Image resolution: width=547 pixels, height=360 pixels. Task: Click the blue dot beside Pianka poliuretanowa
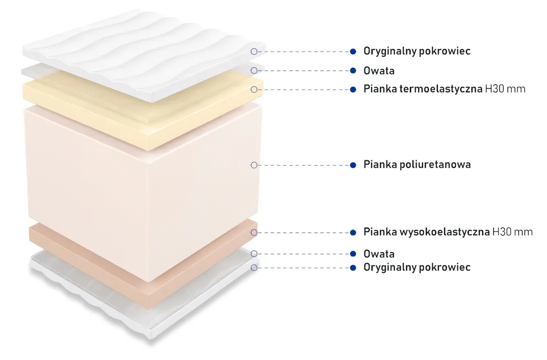pyautogui.click(x=353, y=165)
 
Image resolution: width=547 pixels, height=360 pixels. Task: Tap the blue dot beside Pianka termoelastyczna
pyautogui.click(x=353, y=90)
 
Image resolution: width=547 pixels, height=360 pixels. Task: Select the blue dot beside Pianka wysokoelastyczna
pyautogui.click(x=353, y=233)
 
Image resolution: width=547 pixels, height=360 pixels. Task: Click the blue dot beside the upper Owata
pyautogui.click(x=353, y=71)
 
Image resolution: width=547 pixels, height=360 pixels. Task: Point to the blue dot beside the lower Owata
pyautogui.click(x=353, y=254)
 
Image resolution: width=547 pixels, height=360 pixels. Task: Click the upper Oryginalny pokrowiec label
pyautogui.click(x=417, y=51)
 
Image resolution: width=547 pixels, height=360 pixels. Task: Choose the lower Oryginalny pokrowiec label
pyautogui.click(x=417, y=268)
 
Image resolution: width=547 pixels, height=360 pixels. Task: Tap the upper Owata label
pyautogui.click(x=379, y=71)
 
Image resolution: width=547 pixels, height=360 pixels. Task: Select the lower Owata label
pyautogui.click(x=379, y=254)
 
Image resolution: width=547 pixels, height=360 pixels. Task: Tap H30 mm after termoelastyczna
pyautogui.click(x=505, y=89)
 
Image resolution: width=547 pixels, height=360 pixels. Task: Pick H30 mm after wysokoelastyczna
pyautogui.click(x=513, y=232)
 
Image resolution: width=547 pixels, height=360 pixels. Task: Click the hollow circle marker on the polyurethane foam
pyautogui.click(x=254, y=165)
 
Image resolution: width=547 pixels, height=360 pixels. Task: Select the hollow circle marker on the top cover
pyautogui.click(x=254, y=52)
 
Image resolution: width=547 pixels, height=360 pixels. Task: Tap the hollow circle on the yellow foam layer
pyautogui.click(x=254, y=90)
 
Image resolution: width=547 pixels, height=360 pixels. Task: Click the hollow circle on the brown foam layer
pyautogui.click(x=254, y=233)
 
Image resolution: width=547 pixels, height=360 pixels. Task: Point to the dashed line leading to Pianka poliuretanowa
pyautogui.click(x=303, y=165)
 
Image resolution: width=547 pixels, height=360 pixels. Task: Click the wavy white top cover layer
pyautogui.click(x=143, y=56)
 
